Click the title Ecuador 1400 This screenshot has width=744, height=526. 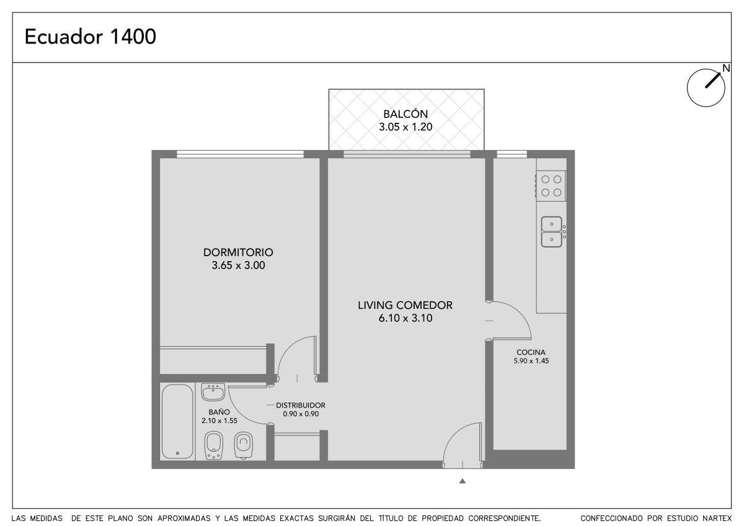coord(91,37)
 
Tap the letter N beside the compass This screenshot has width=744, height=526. coord(726,68)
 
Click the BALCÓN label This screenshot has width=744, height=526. coord(405,114)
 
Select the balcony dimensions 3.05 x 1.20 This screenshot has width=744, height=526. coord(405,127)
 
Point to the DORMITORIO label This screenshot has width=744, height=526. coord(238,252)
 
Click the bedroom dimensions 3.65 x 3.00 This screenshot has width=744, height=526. coord(239,265)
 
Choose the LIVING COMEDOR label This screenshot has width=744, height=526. coord(405,305)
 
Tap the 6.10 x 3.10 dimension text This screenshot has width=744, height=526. coord(405,318)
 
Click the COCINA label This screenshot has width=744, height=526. coord(531,352)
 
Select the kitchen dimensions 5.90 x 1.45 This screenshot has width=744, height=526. coord(531,361)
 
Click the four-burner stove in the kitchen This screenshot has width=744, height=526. coord(551,186)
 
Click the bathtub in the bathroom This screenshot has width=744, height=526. coord(177,421)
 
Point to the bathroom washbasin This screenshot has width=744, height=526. coord(213,393)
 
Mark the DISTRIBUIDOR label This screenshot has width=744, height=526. coord(301,406)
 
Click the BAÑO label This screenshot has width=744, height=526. coord(219,412)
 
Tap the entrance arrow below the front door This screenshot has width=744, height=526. coord(463,481)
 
